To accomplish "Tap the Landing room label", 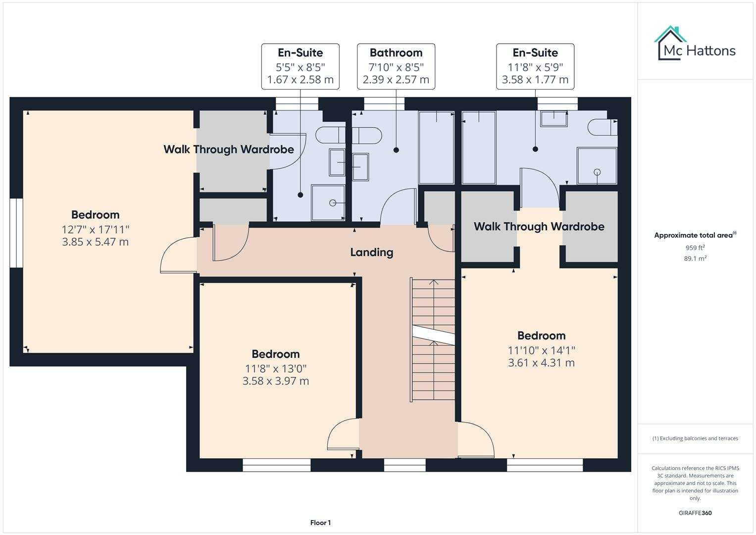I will click(371, 252).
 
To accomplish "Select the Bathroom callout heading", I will click(396, 53).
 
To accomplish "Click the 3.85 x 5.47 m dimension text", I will click(95, 242).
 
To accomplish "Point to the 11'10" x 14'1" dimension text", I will click(541, 350).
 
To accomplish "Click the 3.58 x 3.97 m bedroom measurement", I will click(275, 381).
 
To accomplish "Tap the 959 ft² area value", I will click(695, 248).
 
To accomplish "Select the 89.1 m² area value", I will click(695, 259).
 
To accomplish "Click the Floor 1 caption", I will click(320, 523).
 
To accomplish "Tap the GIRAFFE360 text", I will click(695, 513).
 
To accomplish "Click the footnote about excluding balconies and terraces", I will click(695, 438).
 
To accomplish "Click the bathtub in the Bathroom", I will click(436, 148).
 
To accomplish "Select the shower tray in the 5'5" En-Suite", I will click(328, 203).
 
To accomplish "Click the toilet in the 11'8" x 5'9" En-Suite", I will click(603, 128).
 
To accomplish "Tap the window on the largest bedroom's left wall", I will click(16, 233).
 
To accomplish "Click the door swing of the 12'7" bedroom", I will click(178, 255).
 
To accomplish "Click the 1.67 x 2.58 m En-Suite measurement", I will click(300, 80).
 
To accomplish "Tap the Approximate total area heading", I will click(695, 235).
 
